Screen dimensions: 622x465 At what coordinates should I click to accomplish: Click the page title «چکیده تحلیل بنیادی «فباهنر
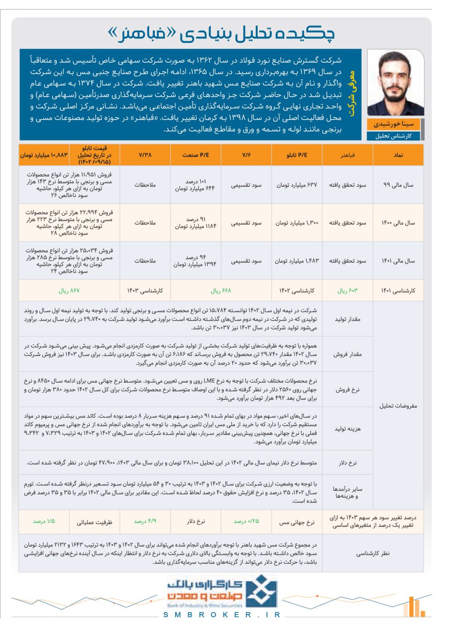(221, 34)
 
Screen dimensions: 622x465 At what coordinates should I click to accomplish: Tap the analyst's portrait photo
(395, 84)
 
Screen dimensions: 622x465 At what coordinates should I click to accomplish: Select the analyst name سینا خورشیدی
(393, 124)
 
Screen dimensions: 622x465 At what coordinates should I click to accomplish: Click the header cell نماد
(398, 155)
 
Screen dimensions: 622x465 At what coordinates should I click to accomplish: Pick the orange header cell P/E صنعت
(196, 155)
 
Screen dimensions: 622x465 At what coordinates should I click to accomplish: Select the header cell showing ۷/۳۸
(145, 155)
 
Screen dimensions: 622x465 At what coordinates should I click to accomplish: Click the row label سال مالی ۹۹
(398, 185)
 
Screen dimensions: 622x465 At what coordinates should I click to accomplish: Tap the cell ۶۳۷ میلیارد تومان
(297, 185)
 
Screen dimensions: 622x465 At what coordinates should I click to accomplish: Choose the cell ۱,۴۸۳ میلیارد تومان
(297, 261)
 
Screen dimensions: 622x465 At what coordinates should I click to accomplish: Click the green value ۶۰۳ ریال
(347, 291)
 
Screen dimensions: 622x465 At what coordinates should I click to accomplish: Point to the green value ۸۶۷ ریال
(69, 291)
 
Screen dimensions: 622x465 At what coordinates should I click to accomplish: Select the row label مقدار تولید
(348, 319)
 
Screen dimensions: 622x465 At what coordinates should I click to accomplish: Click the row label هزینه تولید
(348, 429)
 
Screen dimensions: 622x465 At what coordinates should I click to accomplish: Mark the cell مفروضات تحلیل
(398, 406)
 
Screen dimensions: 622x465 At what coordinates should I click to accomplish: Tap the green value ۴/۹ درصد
(145, 521)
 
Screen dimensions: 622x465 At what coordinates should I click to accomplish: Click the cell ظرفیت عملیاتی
(94, 522)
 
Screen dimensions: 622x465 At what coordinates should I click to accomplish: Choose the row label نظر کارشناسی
(373, 553)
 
